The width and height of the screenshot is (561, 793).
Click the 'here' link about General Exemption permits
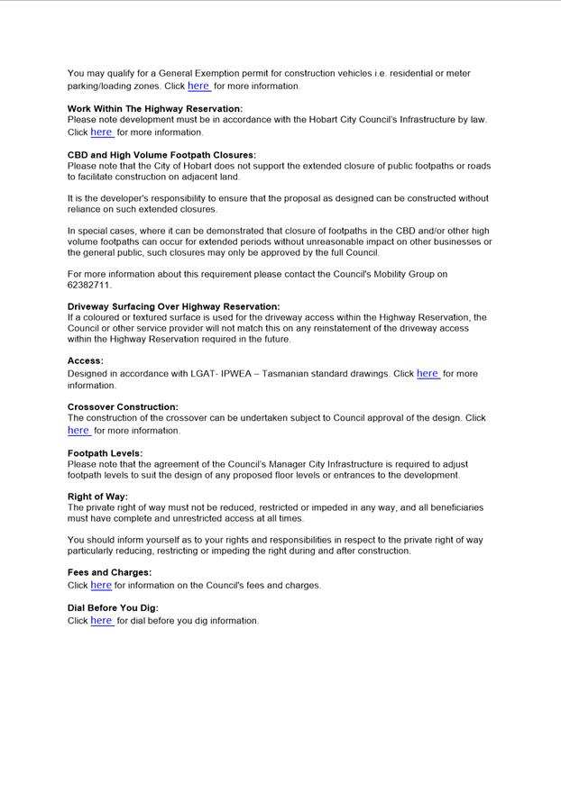pos(198,87)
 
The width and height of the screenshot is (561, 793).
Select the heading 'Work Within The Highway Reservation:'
pos(155,109)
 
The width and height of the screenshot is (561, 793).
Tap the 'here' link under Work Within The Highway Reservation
pos(101,132)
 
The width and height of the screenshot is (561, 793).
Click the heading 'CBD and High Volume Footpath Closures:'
pos(161,155)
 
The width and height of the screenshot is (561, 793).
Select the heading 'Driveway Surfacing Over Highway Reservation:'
pos(173,306)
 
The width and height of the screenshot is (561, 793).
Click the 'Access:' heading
pos(86,360)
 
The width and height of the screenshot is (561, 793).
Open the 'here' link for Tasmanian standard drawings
pos(428,373)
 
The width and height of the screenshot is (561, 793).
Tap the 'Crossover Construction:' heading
pos(123,407)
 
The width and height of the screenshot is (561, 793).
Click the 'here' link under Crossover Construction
pos(78,431)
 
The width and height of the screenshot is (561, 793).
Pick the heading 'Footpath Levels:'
pos(105,453)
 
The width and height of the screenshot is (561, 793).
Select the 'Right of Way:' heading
pos(97,497)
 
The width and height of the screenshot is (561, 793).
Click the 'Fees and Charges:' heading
pos(109,572)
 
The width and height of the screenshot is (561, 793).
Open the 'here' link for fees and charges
pos(101,586)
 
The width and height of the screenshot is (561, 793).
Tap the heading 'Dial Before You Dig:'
pos(113,608)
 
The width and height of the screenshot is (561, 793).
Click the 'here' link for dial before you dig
pos(101,621)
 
